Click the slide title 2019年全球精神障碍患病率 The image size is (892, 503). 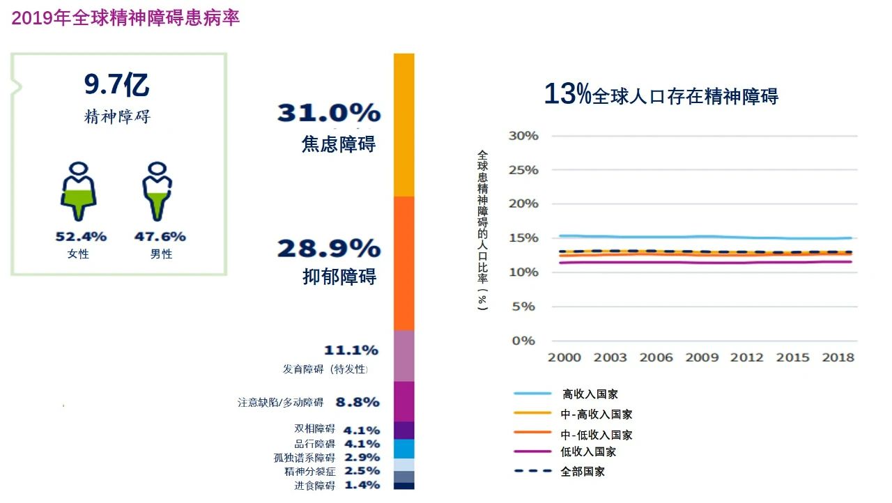pos(125,18)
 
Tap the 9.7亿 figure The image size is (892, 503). pos(116,85)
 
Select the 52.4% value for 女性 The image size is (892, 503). pos(81,237)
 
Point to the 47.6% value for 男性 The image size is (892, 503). pos(160,237)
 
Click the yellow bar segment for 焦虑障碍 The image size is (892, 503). pos(404,125)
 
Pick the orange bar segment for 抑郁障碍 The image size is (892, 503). pos(404,263)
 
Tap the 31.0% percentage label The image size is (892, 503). pos(329,113)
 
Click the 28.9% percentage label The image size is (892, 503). pos(329,249)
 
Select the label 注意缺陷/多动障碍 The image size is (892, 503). pos(281,403)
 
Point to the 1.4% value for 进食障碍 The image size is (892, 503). pos(362,485)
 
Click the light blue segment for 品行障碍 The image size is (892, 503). pos(404,449)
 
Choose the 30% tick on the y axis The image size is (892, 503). pos(523,136)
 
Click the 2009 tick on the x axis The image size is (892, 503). pos(702,357)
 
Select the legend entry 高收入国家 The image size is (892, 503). pos(590,394)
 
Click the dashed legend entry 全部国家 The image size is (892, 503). pos(583,472)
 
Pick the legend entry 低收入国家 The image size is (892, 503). pos(588,452)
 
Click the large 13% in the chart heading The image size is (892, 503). pos(567,95)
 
